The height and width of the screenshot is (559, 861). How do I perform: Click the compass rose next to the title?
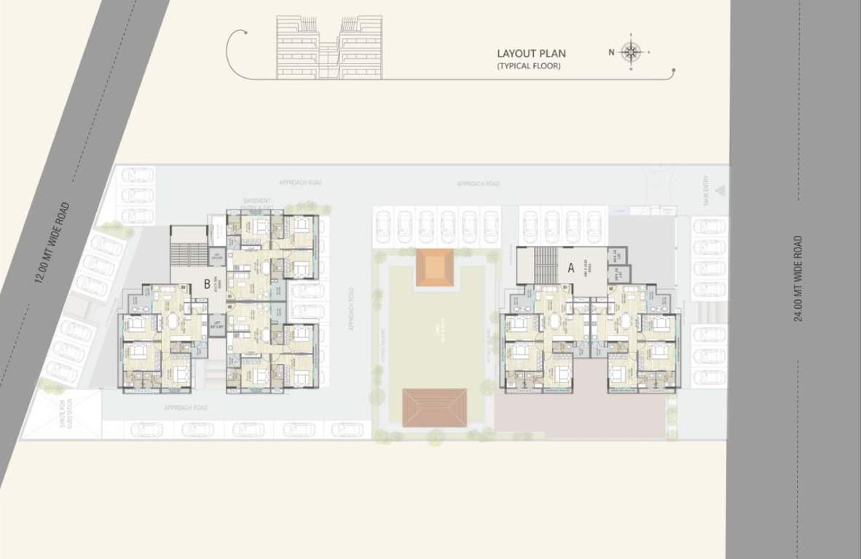point(632,52)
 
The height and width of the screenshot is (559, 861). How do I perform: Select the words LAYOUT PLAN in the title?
point(531,53)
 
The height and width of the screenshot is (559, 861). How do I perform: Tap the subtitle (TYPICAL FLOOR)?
point(529,66)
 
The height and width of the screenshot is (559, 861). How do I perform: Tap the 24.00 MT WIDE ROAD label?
point(799,278)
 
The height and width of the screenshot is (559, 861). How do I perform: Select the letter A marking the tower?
point(572,267)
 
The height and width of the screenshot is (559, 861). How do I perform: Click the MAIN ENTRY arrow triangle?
point(720,191)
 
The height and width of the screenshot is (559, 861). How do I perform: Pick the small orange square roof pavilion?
point(434,267)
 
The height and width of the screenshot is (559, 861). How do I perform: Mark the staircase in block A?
point(545,265)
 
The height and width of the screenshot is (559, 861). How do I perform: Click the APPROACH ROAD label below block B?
point(186,408)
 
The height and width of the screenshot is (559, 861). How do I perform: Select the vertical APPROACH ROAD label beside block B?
point(350,310)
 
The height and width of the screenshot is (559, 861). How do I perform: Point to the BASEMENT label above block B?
point(257,201)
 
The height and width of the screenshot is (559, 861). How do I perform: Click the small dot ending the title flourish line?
point(674,70)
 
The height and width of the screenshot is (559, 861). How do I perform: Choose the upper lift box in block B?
point(216,255)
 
